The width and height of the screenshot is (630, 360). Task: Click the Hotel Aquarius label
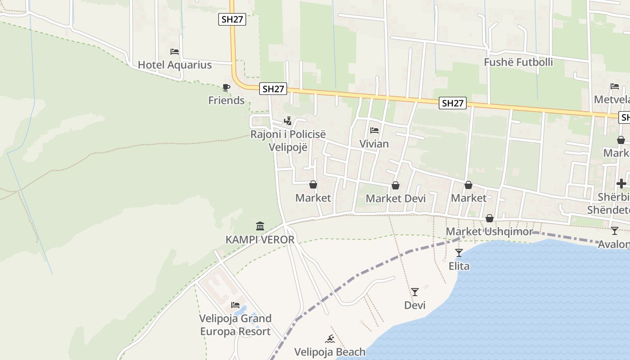click(175, 65)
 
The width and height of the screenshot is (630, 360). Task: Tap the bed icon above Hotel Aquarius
click(175, 52)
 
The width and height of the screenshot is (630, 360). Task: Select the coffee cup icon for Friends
click(226, 87)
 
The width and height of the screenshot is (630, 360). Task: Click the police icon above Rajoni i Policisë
click(288, 121)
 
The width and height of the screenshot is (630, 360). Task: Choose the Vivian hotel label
click(374, 144)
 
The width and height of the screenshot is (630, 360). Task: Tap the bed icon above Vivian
click(374, 131)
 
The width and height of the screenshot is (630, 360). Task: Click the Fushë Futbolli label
click(518, 62)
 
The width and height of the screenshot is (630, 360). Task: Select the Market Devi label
click(396, 198)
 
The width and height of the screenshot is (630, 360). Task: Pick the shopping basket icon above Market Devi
click(396, 185)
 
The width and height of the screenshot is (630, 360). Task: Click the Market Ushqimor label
click(489, 232)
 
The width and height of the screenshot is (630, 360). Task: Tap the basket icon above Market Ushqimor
click(490, 219)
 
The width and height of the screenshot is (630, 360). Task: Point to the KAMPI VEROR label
click(260, 239)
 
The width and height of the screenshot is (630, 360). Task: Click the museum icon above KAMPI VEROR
click(260, 226)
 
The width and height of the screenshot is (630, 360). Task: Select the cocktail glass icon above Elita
click(459, 253)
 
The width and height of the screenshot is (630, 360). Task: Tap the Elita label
click(459, 266)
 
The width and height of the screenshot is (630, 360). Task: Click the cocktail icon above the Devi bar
click(415, 292)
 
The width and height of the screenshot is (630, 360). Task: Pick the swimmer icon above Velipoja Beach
click(330, 339)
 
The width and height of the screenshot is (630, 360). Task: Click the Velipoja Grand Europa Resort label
click(235, 325)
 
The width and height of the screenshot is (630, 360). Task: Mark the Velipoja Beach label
click(330, 352)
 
